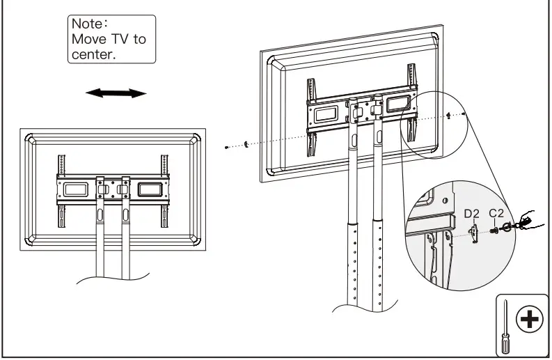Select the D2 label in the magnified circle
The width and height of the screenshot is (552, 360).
pos(472,212)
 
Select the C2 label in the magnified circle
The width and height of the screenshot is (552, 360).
pos(496,212)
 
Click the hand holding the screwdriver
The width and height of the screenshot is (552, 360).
pos(521,221)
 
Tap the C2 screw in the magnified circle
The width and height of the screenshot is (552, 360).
pos(494,230)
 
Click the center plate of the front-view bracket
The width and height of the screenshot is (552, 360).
pos(112,189)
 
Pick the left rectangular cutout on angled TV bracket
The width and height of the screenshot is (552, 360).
pos(326,114)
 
